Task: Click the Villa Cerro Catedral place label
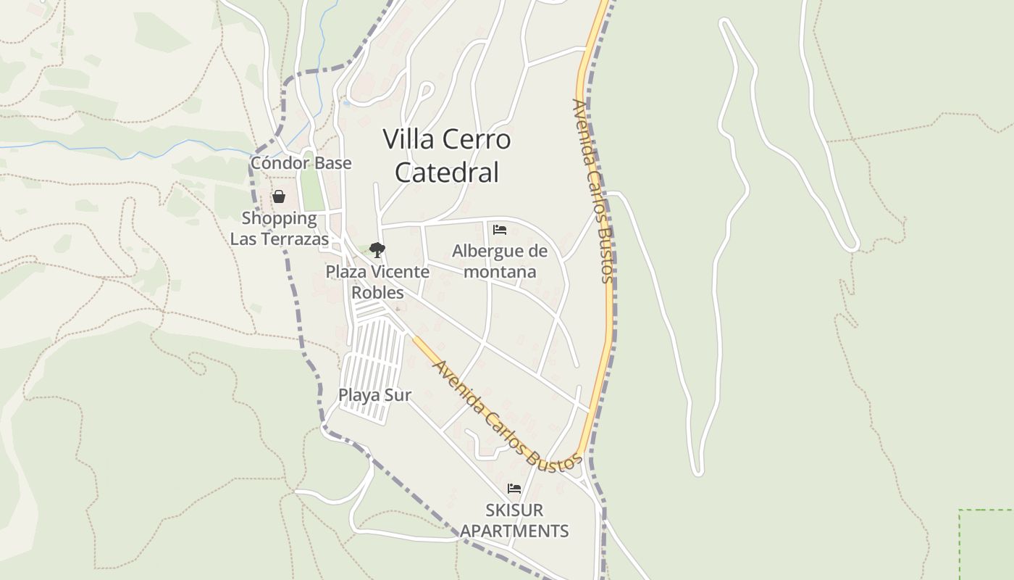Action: tap(447, 155)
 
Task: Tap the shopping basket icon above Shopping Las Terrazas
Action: tap(279, 196)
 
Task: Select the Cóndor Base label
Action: tap(301, 163)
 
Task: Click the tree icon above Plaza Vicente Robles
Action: tap(377, 250)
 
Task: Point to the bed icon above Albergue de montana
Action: tap(499, 230)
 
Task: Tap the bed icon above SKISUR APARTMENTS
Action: tap(514, 489)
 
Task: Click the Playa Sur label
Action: tap(374, 395)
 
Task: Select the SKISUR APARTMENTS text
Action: tap(514, 521)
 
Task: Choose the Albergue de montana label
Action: tap(500, 261)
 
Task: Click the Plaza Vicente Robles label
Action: tap(377, 282)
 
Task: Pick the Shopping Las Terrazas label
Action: tap(280, 228)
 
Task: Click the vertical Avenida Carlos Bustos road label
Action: tap(593, 190)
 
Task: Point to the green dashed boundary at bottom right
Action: tap(960, 544)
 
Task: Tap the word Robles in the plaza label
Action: tap(377, 292)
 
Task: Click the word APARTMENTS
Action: tap(514, 531)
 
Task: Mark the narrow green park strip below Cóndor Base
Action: tap(311, 189)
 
